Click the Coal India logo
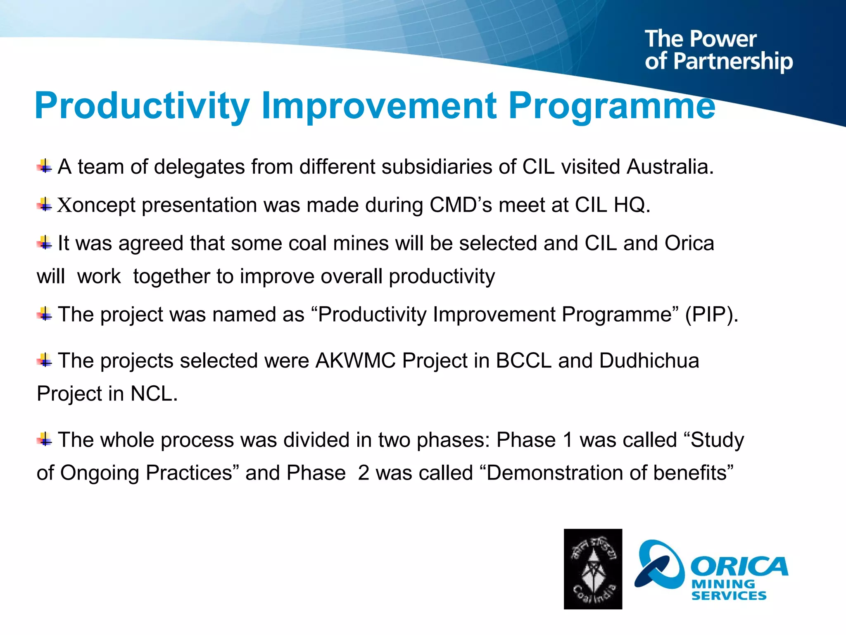(x=593, y=569)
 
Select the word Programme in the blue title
(x=611, y=106)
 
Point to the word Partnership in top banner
(x=733, y=61)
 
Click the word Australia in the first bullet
(x=670, y=167)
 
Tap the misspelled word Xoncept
(x=96, y=205)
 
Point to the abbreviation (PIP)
(x=711, y=315)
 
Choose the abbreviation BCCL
(x=523, y=360)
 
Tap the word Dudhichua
(x=649, y=360)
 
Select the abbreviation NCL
(x=154, y=394)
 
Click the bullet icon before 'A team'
(x=44, y=167)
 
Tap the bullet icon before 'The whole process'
(x=44, y=439)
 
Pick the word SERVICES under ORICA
(x=729, y=596)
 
